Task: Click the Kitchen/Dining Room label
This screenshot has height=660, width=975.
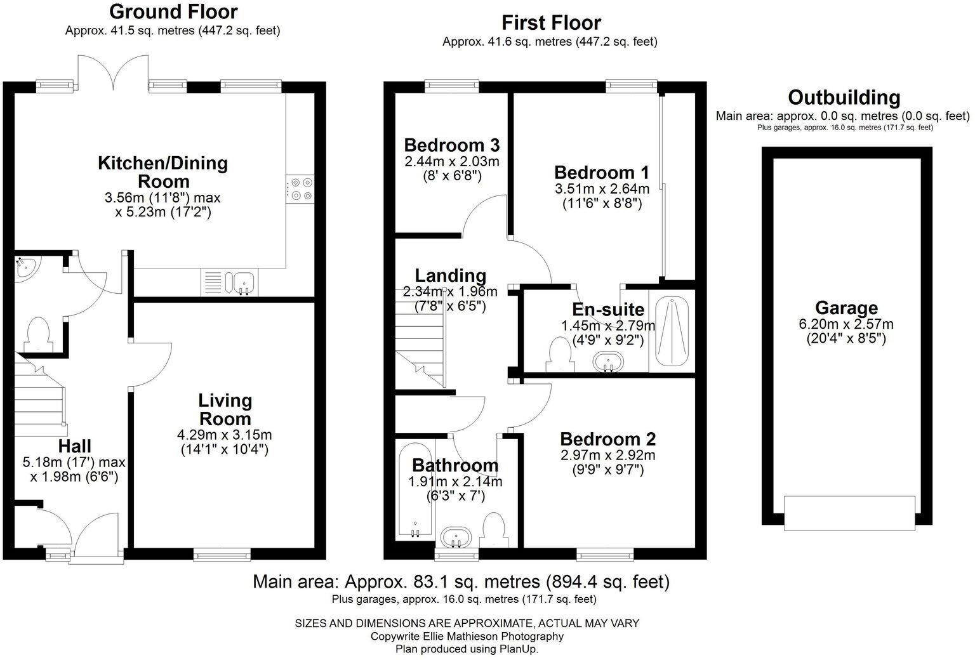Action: (162, 172)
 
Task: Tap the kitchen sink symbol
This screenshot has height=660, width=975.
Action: (244, 282)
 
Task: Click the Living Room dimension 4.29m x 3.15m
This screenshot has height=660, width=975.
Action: (224, 435)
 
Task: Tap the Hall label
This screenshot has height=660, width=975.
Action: (75, 446)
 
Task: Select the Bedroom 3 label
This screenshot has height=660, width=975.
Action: (451, 145)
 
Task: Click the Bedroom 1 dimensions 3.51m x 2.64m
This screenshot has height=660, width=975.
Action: (602, 189)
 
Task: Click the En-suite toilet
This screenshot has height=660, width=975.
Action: (559, 355)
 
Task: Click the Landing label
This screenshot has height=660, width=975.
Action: (451, 275)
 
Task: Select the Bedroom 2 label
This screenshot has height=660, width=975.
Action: (607, 439)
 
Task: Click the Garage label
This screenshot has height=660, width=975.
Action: (846, 308)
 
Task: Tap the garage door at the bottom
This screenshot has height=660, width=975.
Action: (849, 512)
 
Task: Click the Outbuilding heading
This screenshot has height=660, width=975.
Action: (844, 98)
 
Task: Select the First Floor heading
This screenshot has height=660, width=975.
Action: (551, 23)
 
